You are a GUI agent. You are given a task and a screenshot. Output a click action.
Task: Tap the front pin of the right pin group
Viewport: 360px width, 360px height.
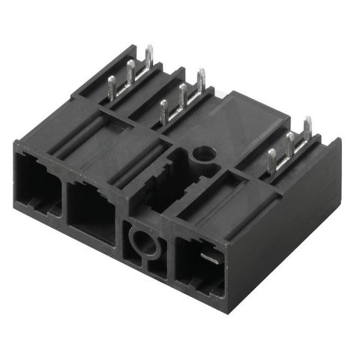[x=271, y=160]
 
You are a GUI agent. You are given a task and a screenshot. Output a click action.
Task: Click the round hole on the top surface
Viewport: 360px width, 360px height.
[x=202, y=154]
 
